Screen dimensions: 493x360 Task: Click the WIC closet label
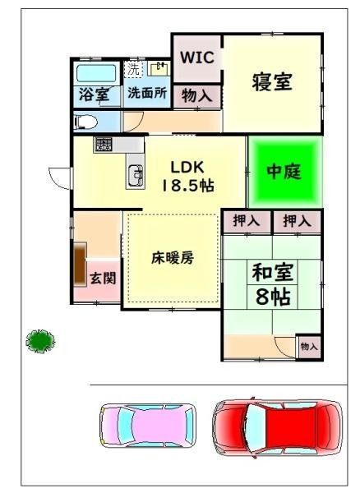click(x=196, y=58)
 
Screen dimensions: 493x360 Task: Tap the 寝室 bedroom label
click(x=272, y=81)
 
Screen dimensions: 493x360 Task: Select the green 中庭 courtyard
click(x=284, y=171)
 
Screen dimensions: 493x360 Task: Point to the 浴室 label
click(x=94, y=94)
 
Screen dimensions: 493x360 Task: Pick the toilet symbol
click(x=85, y=121)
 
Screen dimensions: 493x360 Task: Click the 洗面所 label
click(x=147, y=94)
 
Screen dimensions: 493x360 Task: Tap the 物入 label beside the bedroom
click(x=197, y=95)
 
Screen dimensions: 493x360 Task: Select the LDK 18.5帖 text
click(x=187, y=175)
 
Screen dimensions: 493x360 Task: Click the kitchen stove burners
click(x=104, y=145)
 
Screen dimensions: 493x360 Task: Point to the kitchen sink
click(x=134, y=173)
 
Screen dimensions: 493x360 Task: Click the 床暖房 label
click(x=172, y=257)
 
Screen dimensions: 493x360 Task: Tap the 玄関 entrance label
click(x=103, y=277)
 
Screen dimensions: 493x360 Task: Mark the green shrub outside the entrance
click(x=39, y=339)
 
